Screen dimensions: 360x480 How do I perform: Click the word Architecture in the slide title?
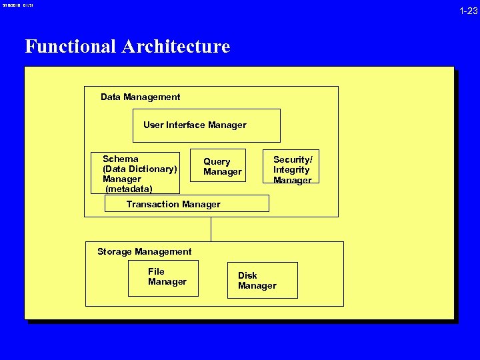(175, 47)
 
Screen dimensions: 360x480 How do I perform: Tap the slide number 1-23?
(467, 10)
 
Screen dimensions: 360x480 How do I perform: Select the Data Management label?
(140, 97)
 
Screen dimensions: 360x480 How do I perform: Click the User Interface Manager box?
(206, 126)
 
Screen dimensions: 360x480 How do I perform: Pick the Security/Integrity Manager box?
(295, 167)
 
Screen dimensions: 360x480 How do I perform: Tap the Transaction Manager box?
(187, 203)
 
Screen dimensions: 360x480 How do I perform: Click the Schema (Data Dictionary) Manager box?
(135, 173)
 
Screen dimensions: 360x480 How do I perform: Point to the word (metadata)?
(129, 189)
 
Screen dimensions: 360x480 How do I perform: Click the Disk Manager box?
(261, 280)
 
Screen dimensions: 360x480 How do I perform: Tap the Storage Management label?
(144, 252)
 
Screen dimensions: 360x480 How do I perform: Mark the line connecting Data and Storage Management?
(211, 229)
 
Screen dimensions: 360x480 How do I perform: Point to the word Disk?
(247, 275)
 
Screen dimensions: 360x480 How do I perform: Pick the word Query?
(217, 162)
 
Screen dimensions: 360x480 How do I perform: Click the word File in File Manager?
(156, 271)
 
